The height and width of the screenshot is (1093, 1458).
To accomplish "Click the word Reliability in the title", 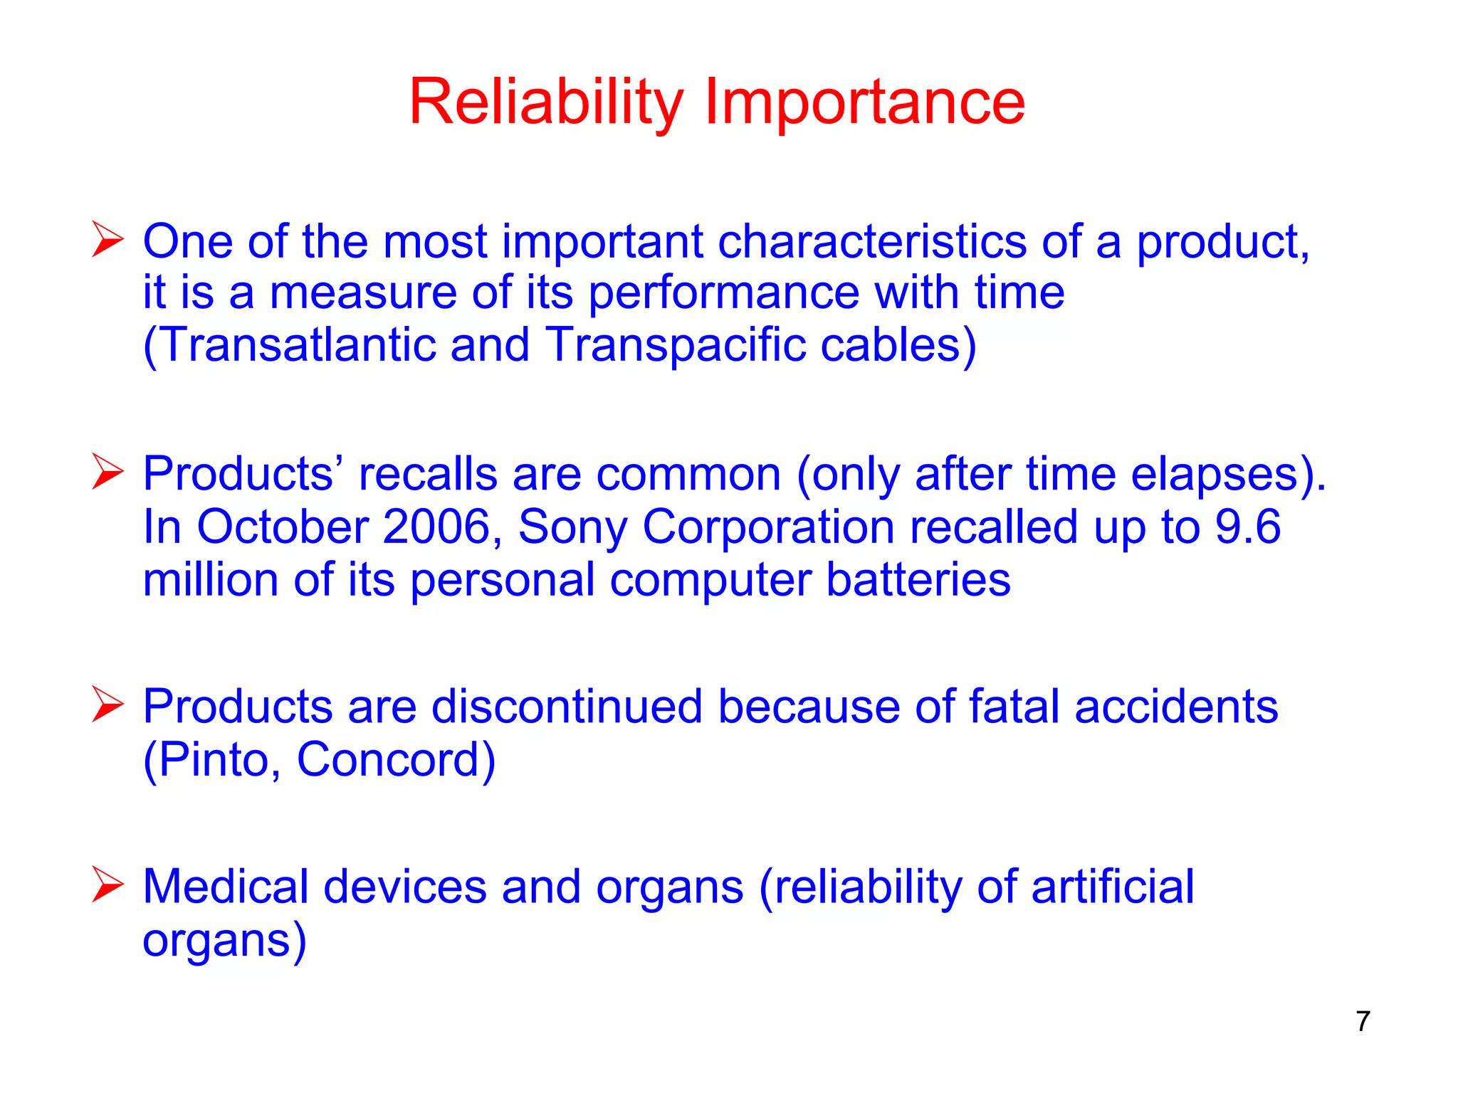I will [x=546, y=103].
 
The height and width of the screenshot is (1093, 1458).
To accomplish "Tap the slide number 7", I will [x=1363, y=1021].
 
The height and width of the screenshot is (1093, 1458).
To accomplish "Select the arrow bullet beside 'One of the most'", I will [x=107, y=239].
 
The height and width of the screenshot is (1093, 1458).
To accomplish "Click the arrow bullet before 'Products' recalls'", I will [x=107, y=472].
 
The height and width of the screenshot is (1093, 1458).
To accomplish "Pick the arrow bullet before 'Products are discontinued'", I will [x=107, y=704].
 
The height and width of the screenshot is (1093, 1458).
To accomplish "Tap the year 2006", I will [x=436, y=527].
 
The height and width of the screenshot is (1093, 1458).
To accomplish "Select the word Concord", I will [x=389, y=760].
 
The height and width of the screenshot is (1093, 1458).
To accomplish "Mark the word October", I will [x=282, y=527].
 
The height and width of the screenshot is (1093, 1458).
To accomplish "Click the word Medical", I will [x=225, y=887].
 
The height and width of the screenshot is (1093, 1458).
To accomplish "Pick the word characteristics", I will [x=871, y=241].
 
